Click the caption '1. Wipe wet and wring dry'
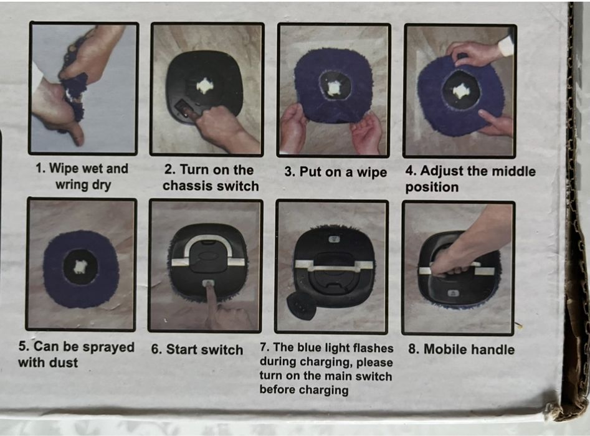pyautogui.click(x=82, y=176)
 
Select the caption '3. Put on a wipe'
pyautogui.click(x=336, y=172)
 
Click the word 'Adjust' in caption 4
pyautogui.click(x=441, y=171)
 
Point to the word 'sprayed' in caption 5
pyautogui.click(x=108, y=347)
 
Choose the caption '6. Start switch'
pyautogui.click(x=197, y=349)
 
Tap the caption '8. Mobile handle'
pyautogui.click(x=461, y=349)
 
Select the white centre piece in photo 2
pyautogui.click(x=205, y=85)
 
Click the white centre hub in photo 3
pyautogui.click(x=333, y=87)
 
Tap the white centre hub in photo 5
pyautogui.click(x=80, y=267)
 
